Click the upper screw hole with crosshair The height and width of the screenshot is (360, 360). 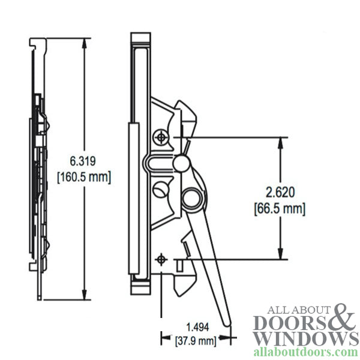161,137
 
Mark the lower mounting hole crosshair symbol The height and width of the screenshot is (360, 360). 161,259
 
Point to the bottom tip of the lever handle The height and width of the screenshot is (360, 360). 229,324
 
